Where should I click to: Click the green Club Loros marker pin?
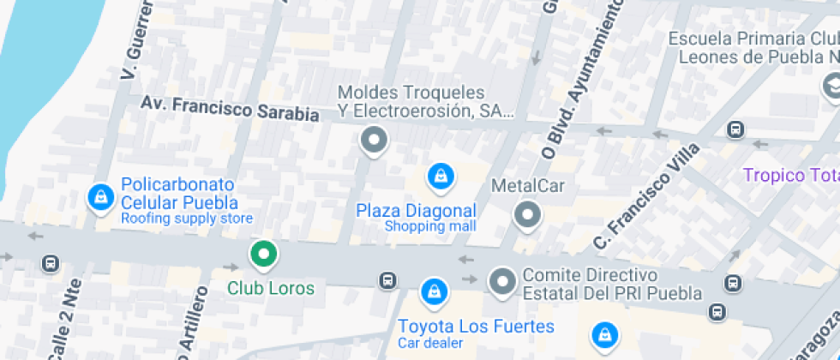click(264, 254)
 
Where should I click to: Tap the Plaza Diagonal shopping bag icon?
click(441, 177)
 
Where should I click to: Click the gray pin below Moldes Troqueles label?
click(374, 140)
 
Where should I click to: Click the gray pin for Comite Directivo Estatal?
click(501, 280)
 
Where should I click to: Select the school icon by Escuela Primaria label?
click(831, 86)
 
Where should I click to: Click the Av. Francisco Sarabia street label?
click(230, 109)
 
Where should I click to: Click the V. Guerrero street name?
click(138, 39)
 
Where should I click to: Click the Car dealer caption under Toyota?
click(430, 343)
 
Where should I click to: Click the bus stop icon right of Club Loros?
click(388, 280)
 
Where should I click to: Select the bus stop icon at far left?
click(51, 263)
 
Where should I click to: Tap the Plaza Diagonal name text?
click(416, 210)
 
